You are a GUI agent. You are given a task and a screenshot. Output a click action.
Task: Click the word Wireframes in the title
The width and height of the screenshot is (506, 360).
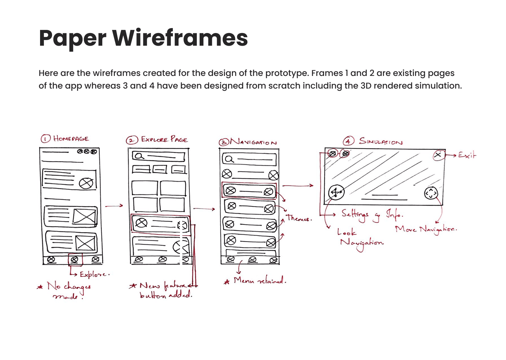pos(180,38)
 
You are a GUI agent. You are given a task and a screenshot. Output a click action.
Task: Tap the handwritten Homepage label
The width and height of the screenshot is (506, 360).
pos(71,139)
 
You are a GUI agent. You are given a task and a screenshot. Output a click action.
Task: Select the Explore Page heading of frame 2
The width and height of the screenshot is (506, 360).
pos(164,140)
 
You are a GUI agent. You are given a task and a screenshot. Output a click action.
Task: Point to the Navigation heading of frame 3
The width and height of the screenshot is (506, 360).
pos(253,142)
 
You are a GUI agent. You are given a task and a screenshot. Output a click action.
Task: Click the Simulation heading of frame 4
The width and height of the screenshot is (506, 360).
pos(381,141)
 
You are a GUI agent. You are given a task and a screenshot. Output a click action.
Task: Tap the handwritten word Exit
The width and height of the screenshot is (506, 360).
pos(467,155)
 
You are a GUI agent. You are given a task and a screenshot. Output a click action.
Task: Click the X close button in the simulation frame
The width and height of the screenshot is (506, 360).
pos(438,155)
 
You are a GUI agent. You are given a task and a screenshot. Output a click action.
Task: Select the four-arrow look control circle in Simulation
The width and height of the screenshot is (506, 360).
pos(336,192)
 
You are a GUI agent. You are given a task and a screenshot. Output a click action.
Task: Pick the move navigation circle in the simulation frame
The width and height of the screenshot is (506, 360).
pos(431,193)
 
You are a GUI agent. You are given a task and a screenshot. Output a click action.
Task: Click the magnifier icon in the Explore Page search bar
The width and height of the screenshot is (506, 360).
pos(139,156)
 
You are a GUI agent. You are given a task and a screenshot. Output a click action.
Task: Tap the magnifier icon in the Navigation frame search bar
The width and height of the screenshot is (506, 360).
pos(229,159)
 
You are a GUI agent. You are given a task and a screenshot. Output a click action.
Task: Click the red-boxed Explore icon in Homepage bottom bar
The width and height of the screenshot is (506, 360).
pos(74,259)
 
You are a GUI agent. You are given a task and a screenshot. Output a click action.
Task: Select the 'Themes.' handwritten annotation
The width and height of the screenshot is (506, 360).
pos(299,218)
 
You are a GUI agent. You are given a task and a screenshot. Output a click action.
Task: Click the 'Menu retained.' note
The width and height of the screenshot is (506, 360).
pos(260,281)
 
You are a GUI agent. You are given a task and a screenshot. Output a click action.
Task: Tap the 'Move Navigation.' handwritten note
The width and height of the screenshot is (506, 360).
pos(426,230)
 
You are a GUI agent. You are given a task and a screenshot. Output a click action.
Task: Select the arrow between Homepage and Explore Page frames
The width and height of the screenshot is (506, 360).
pos(114,206)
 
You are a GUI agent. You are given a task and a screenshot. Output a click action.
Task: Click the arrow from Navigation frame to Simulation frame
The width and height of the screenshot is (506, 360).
pos(298,185)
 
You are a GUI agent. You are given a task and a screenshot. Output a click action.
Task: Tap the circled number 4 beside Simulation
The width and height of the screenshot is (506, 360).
pos(348,141)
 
